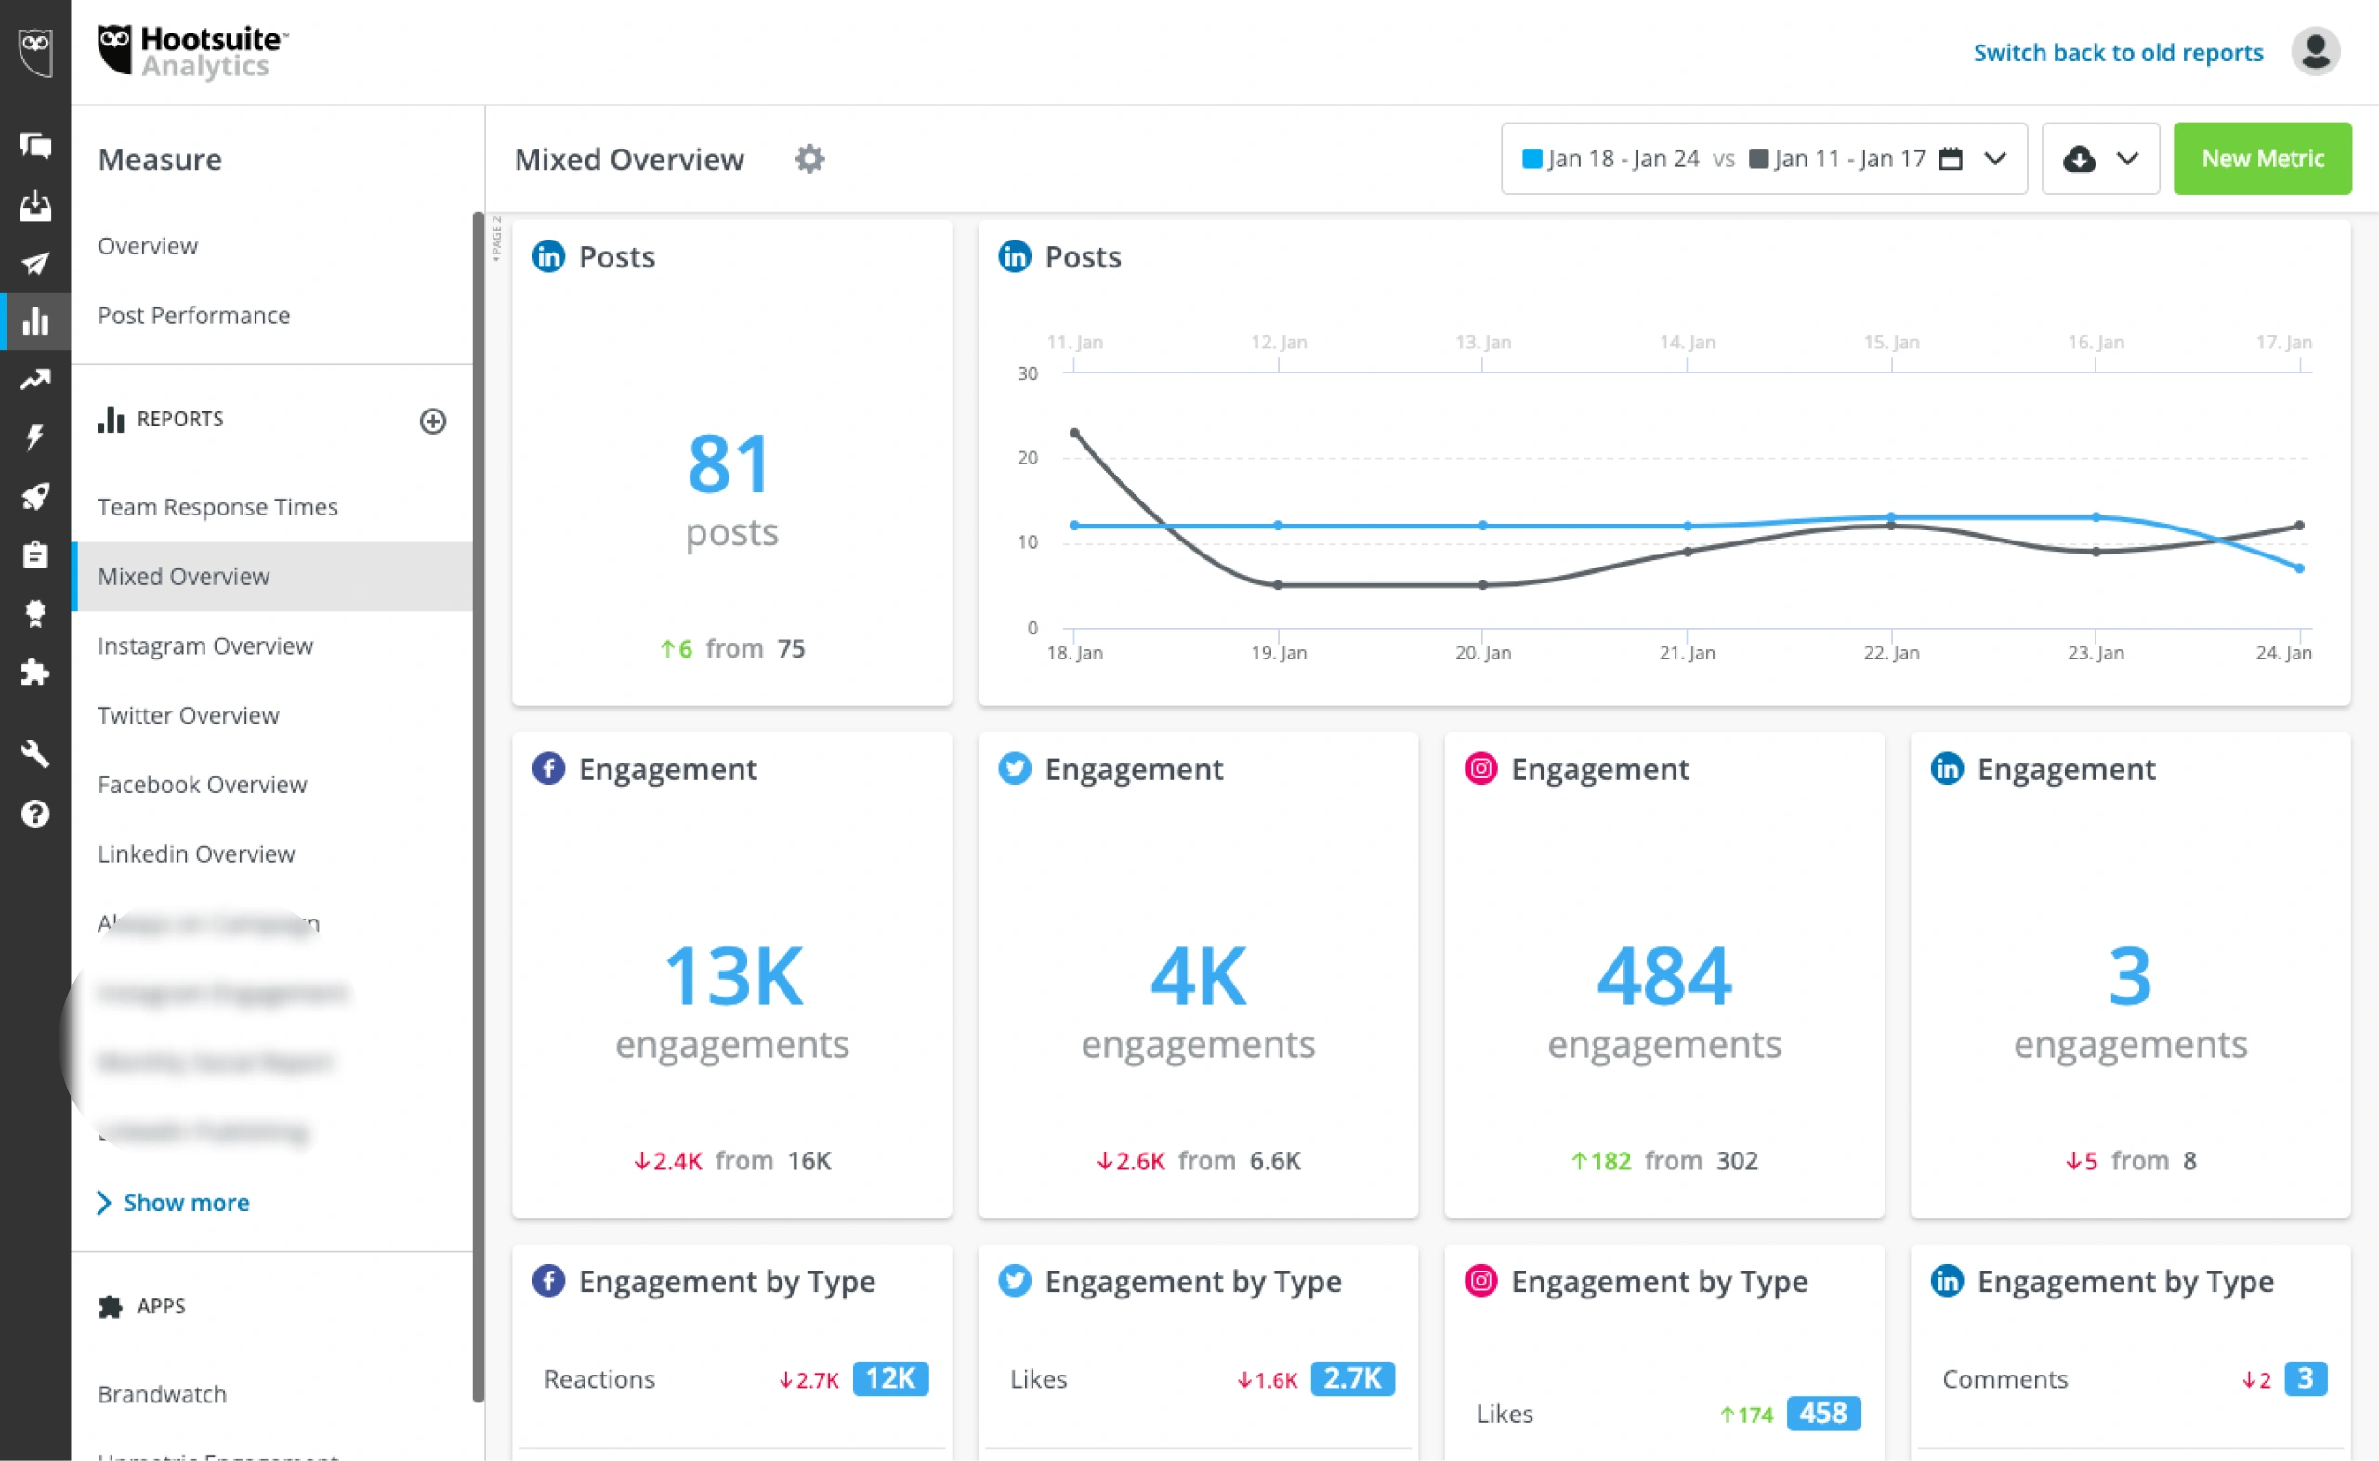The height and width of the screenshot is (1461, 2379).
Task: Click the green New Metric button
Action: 2261,159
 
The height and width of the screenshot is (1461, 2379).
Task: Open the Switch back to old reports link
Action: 2117,52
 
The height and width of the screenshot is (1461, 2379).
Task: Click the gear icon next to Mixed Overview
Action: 809,159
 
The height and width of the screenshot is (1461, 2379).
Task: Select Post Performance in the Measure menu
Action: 193,315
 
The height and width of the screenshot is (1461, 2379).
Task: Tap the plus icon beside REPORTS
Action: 432,421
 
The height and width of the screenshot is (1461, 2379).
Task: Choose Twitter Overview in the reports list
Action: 188,715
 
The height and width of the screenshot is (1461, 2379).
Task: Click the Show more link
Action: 186,1202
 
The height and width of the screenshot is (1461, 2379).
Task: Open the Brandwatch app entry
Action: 162,1393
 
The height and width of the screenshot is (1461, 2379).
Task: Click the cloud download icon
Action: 2077,159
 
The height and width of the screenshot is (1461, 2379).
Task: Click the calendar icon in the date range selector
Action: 1951,159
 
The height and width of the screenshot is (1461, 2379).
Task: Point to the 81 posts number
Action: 729,463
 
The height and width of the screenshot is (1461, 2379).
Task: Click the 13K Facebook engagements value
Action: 731,976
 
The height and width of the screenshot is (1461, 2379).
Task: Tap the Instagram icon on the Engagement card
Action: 1480,768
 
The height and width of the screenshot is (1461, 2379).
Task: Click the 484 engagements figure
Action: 1663,976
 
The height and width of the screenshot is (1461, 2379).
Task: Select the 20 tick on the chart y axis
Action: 1027,457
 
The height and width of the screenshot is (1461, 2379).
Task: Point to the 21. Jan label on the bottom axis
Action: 1686,652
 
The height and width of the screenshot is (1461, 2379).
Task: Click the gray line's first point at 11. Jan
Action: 1074,433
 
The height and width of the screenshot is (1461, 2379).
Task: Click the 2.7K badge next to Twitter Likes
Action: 1351,1378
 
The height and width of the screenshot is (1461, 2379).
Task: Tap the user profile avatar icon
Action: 2314,52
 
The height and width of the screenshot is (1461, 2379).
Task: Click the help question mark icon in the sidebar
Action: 34,814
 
